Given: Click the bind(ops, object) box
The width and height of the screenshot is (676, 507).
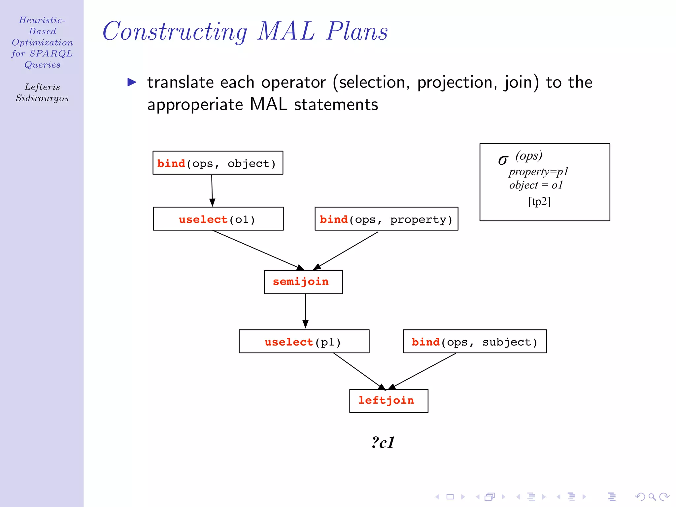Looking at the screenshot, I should pyautogui.click(x=218, y=163).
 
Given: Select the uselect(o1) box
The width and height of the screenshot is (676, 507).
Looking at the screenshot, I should pyautogui.click(x=218, y=219).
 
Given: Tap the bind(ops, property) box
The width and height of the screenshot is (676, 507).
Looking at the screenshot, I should pyautogui.click(x=386, y=219).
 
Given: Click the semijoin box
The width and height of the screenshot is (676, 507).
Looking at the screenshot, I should pyautogui.click(x=303, y=282).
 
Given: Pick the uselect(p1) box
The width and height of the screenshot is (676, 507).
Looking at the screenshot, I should pyautogui.click(x=304, y=341).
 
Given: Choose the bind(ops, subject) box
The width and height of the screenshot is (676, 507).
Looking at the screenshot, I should pyautogui.click(x=474, y=341).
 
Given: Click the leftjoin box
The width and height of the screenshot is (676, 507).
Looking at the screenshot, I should pyautogui.click(x=389, y=401).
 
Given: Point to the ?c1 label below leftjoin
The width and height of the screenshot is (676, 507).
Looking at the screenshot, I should pyautogui.click(x=383, y=442).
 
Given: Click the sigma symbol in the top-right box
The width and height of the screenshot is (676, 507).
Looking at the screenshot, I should pyautogui.click(x=503, y=160).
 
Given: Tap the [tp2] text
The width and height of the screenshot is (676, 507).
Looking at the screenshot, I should pyautogui.click(x=539, y=201).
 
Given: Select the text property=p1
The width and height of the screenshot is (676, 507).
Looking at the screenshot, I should pyautogui.click(x=538, y=172).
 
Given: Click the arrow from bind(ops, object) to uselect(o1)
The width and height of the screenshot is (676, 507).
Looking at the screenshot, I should pyautogui.click(x=212, y=190).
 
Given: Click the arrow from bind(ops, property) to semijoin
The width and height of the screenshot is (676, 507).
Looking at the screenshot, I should pyautogui.click(x=347, y=250).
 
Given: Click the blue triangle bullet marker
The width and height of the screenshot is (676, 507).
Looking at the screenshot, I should pyautogui.click(x=132, y=82).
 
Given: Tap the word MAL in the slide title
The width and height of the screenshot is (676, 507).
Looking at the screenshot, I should pyautogui.click(x=286, y=31).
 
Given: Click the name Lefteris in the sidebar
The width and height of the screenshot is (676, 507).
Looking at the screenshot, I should pyautogui.click(x=42, y=87).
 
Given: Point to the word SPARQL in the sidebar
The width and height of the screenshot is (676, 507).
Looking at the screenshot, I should pyautogui.click(x=51, y=53).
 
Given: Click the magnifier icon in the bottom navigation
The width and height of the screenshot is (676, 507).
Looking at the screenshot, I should pyautogui.click(x=652, y=496).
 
